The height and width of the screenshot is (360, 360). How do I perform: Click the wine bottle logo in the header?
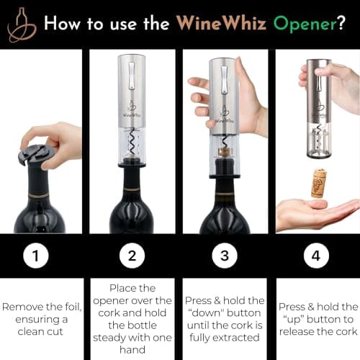point(22,24)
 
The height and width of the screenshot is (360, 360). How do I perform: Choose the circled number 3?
point(225,256)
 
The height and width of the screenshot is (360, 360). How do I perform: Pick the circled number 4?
point(317,256)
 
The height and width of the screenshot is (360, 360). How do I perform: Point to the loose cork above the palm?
point(317,183)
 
